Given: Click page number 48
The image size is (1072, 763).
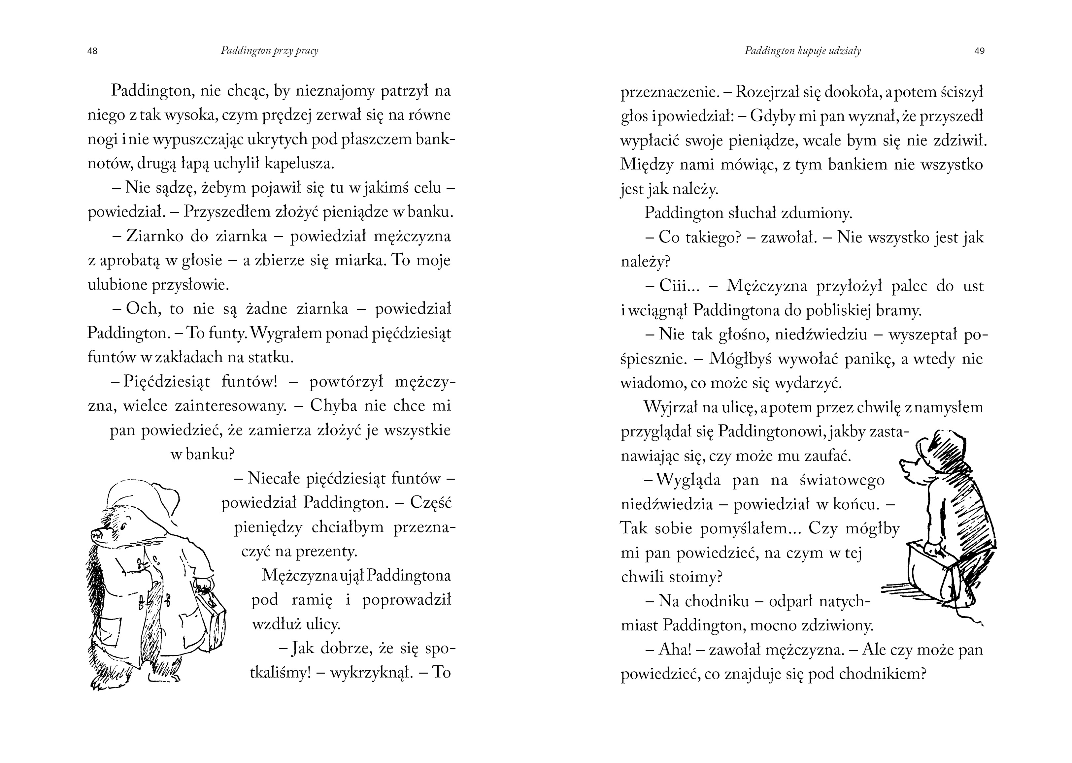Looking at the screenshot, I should (93, 51).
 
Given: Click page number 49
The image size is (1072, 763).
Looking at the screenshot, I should (979, 51).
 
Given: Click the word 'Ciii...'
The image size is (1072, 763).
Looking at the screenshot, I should (680, 286).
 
